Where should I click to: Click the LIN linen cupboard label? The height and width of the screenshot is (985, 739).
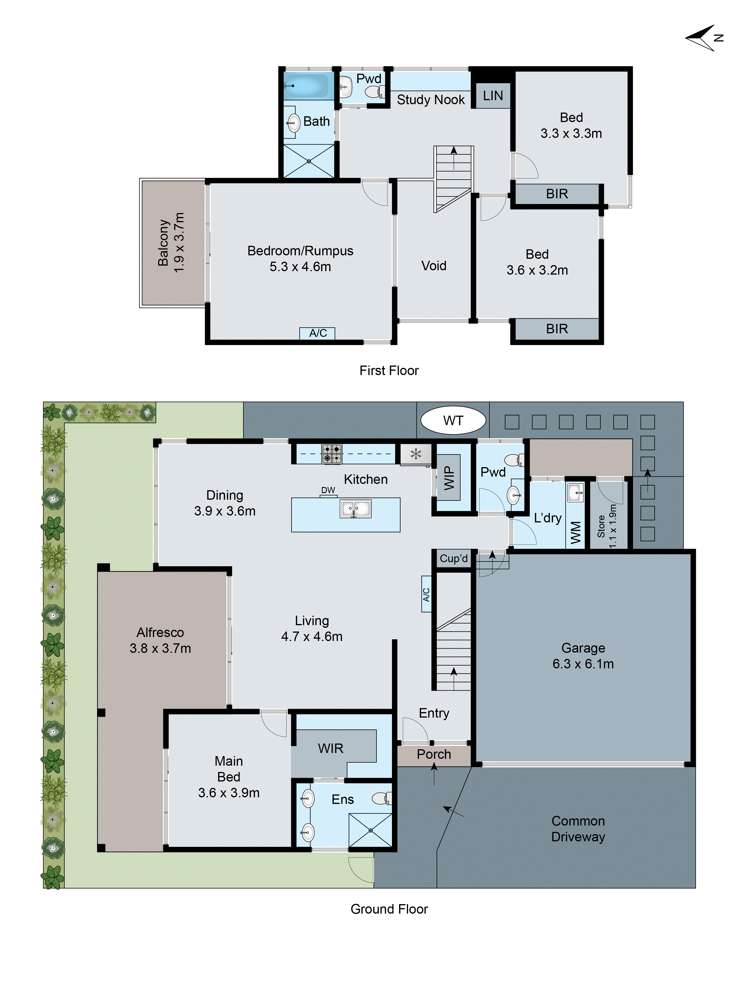493,96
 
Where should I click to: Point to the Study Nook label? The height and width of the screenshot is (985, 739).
430,100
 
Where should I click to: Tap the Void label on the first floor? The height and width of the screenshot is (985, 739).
433,266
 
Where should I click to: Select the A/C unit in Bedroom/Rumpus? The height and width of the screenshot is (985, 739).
318,333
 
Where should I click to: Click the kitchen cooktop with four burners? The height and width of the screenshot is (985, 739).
332,454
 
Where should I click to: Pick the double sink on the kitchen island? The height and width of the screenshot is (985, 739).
355,509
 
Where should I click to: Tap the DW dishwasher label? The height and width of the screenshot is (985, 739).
328,490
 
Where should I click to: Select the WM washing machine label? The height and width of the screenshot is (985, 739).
575,532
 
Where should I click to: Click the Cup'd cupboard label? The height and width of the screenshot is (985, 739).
454,558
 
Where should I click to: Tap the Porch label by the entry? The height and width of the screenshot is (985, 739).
433,754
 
